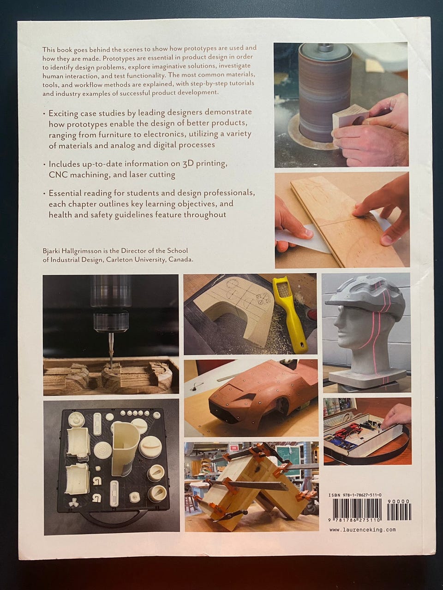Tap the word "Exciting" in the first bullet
tap(62, 113)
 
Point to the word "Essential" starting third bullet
tap(64, 193)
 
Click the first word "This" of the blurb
tap(48, 49)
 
